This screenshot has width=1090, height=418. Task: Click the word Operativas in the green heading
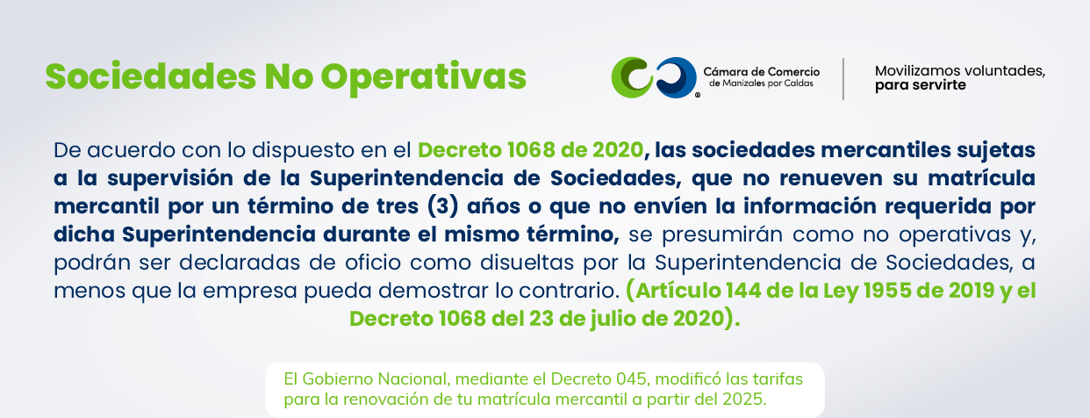(423, 77)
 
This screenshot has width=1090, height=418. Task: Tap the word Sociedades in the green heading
(150, 76)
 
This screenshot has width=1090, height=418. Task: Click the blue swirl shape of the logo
(677, 77)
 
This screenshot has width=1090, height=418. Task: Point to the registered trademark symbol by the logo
(698, 95)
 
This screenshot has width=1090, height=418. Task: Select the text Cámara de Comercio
(762, 72)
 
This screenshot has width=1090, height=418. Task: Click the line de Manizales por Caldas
(761, 83)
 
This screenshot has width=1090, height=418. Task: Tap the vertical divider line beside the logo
(843, 79)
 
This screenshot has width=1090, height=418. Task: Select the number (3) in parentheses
(443, 206)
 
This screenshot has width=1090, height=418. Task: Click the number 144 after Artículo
(742, 291)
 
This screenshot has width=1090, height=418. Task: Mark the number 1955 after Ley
(887, 291)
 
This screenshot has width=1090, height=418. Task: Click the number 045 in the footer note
(632, 379)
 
